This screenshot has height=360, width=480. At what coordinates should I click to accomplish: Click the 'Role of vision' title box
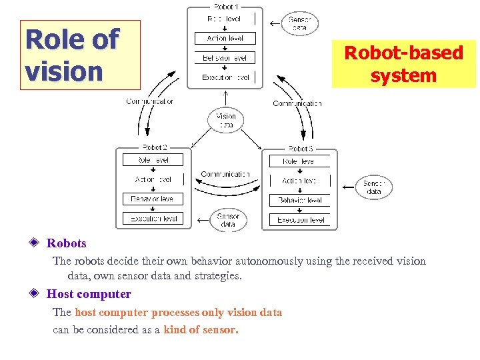(x=80, y=55)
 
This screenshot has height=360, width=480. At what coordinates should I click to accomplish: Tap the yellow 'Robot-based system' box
(x=403, y=64)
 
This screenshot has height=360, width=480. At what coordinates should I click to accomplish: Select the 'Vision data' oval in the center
(x=226, y=120)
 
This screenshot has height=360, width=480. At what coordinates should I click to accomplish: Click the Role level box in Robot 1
(x=225, y=19)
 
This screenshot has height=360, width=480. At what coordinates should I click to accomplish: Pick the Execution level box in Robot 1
(x=225, y=77)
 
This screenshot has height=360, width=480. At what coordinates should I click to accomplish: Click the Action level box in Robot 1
(x=225, y=38)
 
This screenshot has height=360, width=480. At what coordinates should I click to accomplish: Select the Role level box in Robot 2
(x=153, y=160)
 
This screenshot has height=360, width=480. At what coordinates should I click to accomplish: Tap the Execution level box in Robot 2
(x=153, y=219)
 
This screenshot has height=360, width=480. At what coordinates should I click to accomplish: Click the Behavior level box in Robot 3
(x=299, y=200)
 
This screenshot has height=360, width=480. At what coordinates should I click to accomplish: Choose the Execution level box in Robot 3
(x=299, y=219)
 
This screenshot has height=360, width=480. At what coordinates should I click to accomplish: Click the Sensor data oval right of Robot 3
(x=374, y=187)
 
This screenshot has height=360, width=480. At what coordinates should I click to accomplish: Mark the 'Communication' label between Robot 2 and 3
(x=225, y=175)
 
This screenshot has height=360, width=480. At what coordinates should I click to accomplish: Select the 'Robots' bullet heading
(x=66, y=243)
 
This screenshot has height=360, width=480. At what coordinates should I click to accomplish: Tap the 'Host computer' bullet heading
(x=89, y=294)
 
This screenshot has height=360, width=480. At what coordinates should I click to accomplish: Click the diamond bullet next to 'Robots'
(x=33, y=243)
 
